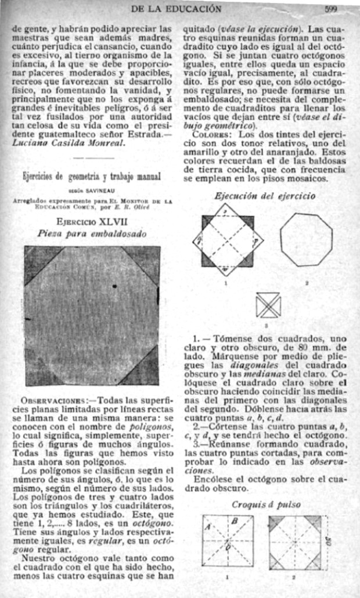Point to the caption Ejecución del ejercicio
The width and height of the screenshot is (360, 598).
coord(265,196)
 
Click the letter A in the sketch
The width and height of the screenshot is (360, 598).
coord(208,527)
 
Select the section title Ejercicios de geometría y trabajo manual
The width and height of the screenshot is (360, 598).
coord(92,176)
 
